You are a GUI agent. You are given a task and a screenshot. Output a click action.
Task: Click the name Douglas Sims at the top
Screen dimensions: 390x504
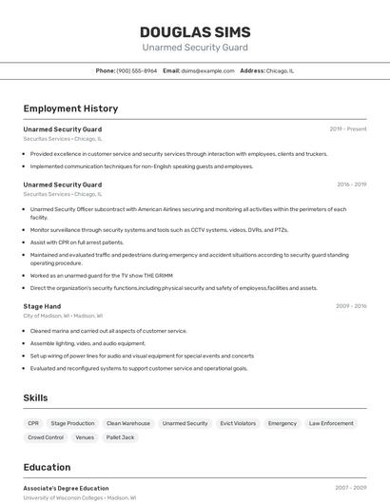tap(194, 31)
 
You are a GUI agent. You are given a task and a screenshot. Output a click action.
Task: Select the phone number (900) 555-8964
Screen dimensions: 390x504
tap(137, 70)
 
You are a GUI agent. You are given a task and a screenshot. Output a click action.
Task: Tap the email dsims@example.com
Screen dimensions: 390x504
tap(207, 70)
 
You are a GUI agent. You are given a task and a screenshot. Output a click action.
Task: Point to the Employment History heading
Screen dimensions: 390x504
tap(70, 108)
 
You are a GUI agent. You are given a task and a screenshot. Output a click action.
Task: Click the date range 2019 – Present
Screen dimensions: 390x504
tap(347, 129)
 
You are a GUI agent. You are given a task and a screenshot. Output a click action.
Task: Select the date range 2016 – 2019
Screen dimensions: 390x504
tap(351, 184)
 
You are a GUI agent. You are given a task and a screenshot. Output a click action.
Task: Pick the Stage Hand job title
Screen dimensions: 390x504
tap(42, 306)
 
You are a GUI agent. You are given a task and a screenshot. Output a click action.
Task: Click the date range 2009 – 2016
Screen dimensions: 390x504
tap(351, 306)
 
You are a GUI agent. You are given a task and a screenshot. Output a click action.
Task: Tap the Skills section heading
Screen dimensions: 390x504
tap(35, 397)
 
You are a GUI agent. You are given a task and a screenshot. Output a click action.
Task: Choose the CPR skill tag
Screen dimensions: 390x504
tap(33, 423)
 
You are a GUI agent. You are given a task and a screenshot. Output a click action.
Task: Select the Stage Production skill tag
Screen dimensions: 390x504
tap(72, 423)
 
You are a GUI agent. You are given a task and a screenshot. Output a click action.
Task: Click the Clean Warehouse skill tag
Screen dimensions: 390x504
tap(127, 423)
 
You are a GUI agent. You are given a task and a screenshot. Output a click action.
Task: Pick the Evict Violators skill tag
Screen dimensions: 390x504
tap(238, 423)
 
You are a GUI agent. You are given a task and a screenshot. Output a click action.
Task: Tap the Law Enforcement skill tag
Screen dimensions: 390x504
tap(331, 423)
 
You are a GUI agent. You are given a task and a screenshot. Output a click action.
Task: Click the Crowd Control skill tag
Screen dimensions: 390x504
tap(46, 437)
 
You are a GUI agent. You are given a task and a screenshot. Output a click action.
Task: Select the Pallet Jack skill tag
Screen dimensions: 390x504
tap(120, 437)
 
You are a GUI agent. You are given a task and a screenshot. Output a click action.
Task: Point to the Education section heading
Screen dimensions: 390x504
tap(47, 467)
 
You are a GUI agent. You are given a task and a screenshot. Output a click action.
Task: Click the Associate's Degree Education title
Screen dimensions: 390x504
tap(66, 488)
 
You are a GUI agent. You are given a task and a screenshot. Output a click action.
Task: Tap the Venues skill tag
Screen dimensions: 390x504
tap(85, 437)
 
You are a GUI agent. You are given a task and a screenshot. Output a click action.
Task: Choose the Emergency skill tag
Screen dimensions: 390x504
tap(282, 423)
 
